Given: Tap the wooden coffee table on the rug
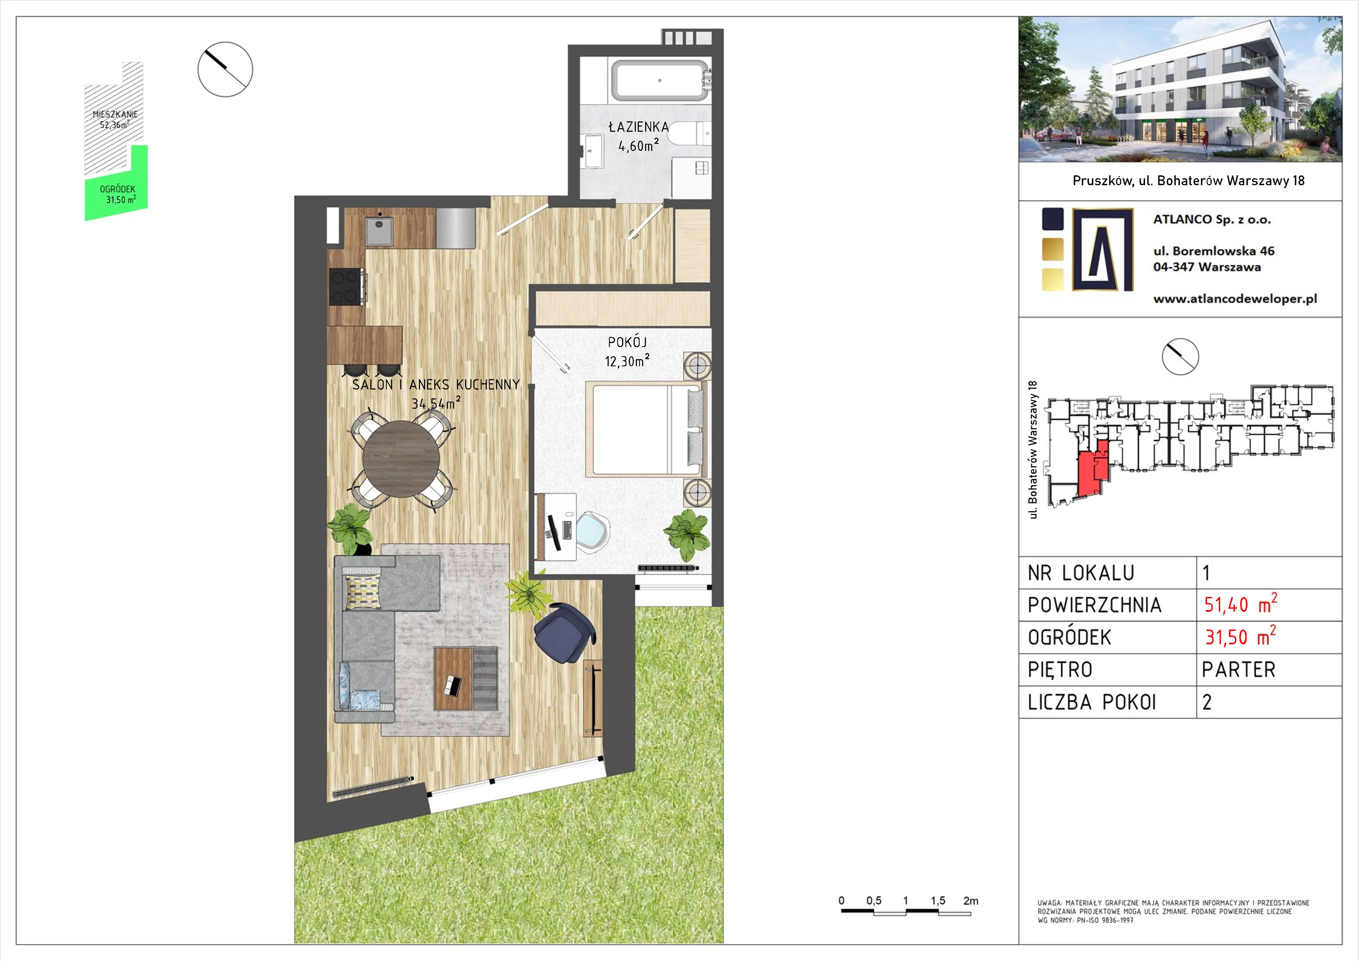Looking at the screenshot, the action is [454, 678].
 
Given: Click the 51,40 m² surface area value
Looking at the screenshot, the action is [1241, 605].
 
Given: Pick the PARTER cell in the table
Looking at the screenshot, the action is [1238, 670].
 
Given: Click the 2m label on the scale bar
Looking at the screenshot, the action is [971, 901].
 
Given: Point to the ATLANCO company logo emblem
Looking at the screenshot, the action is [1103, 249].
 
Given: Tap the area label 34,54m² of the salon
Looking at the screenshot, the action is [436, 403].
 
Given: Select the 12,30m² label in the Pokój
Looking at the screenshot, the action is [627, 361].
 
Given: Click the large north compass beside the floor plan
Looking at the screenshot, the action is [225, 69].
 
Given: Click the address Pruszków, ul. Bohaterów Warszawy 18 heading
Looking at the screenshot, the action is [1189, 181].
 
